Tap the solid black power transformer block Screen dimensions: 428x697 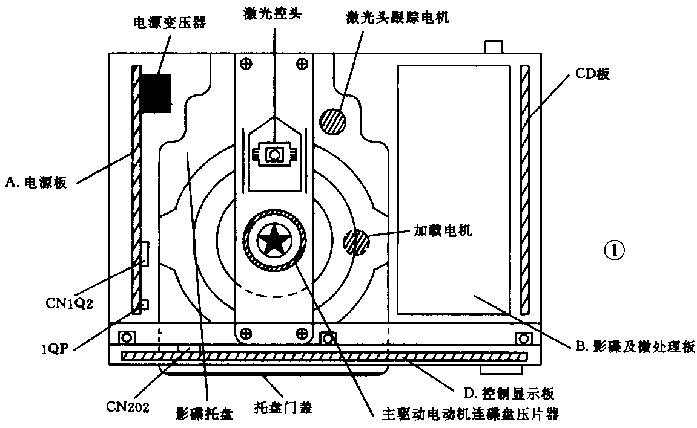(x=156, y=92)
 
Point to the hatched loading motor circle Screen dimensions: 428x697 (x=355, y=242)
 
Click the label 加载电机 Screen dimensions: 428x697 (x=442, y=230)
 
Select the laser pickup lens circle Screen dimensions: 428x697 (x=274, y=155)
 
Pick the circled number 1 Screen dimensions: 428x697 (x=614, y=249)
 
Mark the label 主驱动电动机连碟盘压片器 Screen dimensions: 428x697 (x=471, y=415)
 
